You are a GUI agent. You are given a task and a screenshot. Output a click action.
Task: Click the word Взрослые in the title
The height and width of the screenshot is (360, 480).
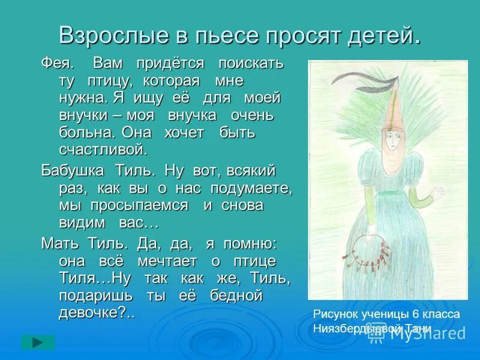coord(103,37)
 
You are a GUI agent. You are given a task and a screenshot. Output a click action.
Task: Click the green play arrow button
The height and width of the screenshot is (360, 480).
coord(38,343)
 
